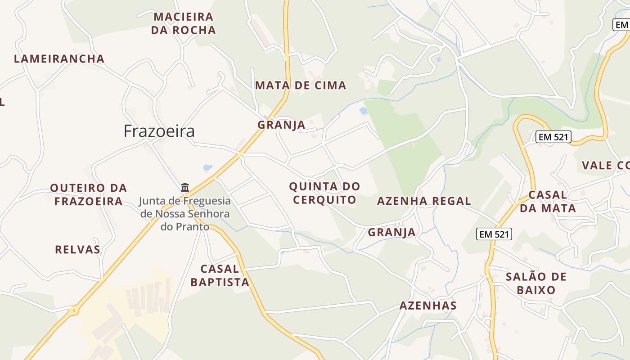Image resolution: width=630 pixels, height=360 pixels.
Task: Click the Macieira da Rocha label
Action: pyautogui.click(x=183, y=23)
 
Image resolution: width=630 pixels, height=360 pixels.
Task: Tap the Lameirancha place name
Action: pyautogui.click(x=59, y=59)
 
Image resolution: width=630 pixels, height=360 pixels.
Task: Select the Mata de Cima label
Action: pyautogui.click(x=301, y=85)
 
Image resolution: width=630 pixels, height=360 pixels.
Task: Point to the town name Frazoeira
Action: pyautogui.click(x=159, y=131)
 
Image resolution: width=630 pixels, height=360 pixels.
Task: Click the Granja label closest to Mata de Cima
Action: pyautogui.click(x=281, y=125)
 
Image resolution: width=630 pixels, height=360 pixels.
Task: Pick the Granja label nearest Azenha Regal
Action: pyautogui.click(x=391, y=232)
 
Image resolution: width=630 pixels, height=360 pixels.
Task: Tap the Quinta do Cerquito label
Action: pyautogui.click(x=324, y=193)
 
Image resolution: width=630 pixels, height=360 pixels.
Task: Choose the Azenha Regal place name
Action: pyautogui.click(x=424, y=201)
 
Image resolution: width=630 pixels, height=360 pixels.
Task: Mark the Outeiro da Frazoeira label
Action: pyautogui.click(x=88, y=194)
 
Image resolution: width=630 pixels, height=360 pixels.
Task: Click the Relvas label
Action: pyautogui.click(x=77, y=249)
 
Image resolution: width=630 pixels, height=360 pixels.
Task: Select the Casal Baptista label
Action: pyautogui.click(x=220, y=275)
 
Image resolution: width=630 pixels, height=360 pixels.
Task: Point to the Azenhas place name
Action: pyautogui.click(x=428, y=306)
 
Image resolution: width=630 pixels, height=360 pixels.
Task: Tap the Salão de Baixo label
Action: pyautogui.click(x=536, y=283)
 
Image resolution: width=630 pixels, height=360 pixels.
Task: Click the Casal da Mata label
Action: pyautogui.click(x=548, y=202)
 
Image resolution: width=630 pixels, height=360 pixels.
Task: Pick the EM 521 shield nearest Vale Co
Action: pyautogui.click(x=553, y=137)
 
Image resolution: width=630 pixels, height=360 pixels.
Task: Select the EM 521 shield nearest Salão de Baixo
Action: pyautogui.click(x=494, y=234)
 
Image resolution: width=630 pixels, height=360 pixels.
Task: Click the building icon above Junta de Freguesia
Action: pyautogui.click(x=185, y=187)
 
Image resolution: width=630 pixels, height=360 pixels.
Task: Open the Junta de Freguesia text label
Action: pyautogui.click(x=185, y=214)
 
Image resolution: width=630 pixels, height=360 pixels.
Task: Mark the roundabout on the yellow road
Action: pyautogui.click(x=74, y=310)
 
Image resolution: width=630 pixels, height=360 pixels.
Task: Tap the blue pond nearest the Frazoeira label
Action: pyautogui.click(x=207, y=168)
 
